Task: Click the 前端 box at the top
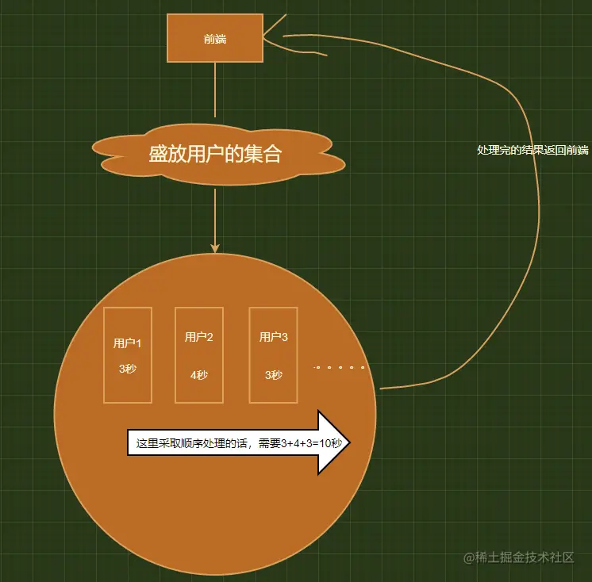[x=215, y=38]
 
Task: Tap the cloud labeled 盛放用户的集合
[x=218, y=155]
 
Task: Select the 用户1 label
[x=128, y=343]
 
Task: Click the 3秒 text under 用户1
[x=128, y=369]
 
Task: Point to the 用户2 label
[x=199, y=337]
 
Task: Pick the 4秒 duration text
[x=199, y=375]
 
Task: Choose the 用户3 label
[x=273, y=337]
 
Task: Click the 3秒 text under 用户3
[x=273, y=375]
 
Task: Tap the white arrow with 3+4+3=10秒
[x=239, y=442]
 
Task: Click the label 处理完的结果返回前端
[x=532, y=150]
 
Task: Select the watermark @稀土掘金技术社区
[x=519, y=557]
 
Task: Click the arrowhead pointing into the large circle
[x=215, y=248]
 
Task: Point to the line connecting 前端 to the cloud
[x=215, y=90]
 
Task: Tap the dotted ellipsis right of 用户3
[x=339, y=367]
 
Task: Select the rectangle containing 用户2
[x=199, y=355]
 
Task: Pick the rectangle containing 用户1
[x=128, y=355]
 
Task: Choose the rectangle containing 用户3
[x=273, y=355]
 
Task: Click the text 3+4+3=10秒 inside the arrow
[x=312, y=442]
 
